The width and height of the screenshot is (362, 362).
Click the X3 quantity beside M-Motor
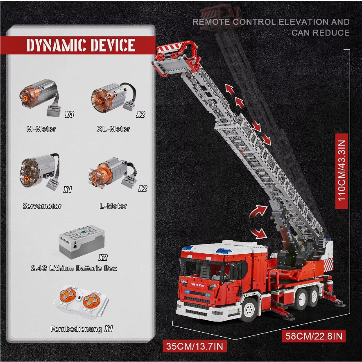point(69,115)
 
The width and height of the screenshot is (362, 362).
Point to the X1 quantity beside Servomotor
point(68,190)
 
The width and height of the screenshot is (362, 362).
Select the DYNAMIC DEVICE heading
point(81,45)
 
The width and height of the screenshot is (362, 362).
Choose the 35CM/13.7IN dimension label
point(195,346)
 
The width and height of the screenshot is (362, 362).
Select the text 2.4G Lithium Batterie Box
point(74,268)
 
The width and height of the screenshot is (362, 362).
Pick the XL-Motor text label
point(113,129)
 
